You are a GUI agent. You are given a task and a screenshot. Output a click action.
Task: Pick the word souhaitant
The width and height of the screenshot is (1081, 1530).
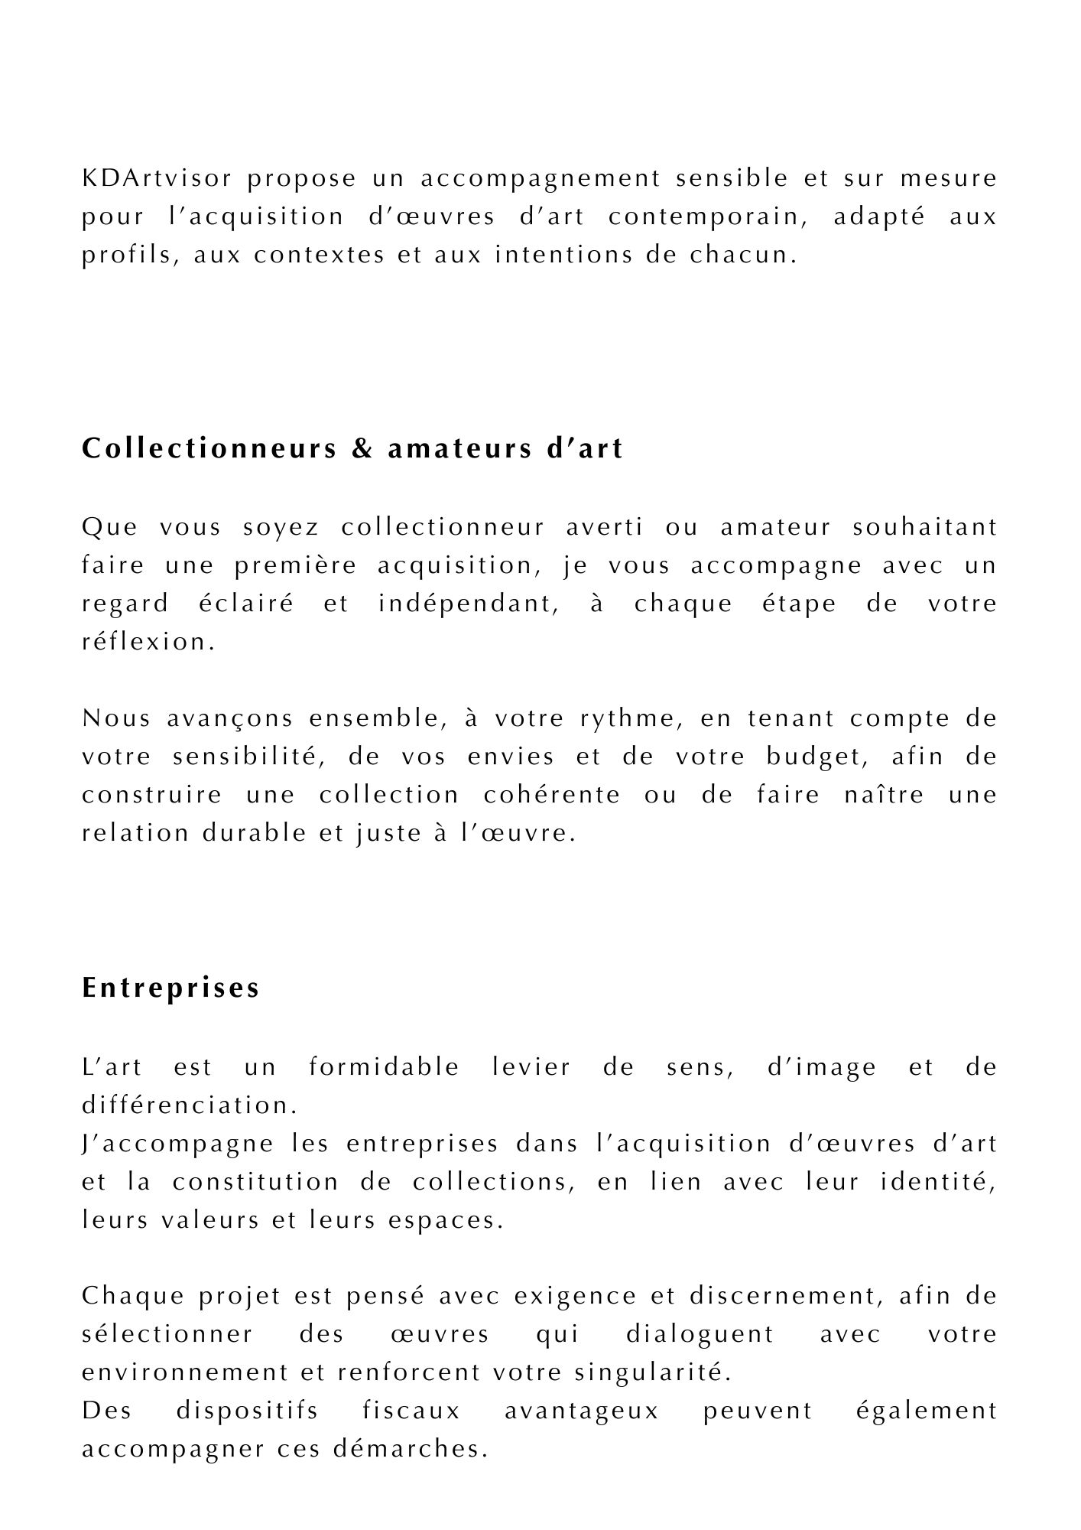click(924, 527)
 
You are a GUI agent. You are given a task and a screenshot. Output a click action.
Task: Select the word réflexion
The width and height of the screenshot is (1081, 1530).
click(144, 642)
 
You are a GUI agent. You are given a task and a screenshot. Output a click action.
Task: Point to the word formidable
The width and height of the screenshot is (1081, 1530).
click(384, 1067)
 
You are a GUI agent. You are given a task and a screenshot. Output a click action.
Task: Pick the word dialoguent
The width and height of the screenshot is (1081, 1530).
click(700, 1335)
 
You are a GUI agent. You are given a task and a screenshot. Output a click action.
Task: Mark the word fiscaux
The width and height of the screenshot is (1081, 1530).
click(411, 1411)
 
